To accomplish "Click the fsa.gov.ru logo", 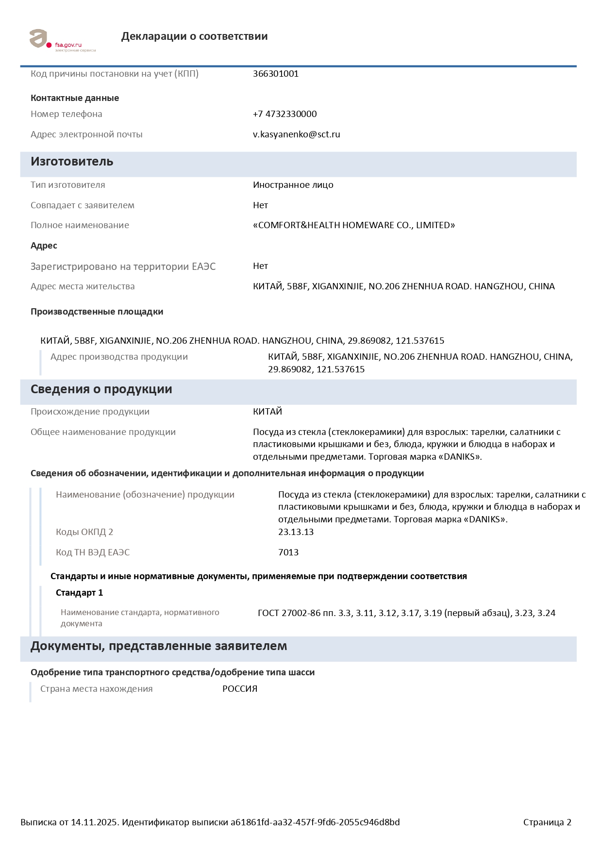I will click(x=62, y=40).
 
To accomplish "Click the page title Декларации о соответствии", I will click(x=194, y=36).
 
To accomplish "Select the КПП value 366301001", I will click(x=275, y=74).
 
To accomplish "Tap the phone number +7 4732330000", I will click(x=284, y=114).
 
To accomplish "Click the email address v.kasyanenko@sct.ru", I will click(x=296, y=134).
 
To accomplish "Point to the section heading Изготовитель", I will click(x=72, y=162).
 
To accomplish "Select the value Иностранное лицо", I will click(x=293, y=185).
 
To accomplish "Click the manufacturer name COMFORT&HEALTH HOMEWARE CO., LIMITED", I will click(x=353, y=225).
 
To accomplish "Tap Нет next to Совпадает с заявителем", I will click(x=260, y=205).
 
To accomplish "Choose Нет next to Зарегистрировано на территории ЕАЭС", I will click(x=260, y=266).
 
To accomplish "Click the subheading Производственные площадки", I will click(x=97, y=312).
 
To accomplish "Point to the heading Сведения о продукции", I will click(x=101, y=389).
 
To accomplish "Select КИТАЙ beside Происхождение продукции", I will click(x=267, y=412).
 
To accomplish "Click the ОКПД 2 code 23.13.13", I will click(x=296, y=532).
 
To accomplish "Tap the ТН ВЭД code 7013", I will click(x=288, y=552).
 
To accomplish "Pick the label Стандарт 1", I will click(x=79, y=593).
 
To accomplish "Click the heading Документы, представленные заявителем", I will click(x=158, y=646).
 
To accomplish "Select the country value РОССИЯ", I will click(x=240, y=689).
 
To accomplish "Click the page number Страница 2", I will click(x=547, y=822).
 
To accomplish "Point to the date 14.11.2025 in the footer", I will click(x=94, y=822).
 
